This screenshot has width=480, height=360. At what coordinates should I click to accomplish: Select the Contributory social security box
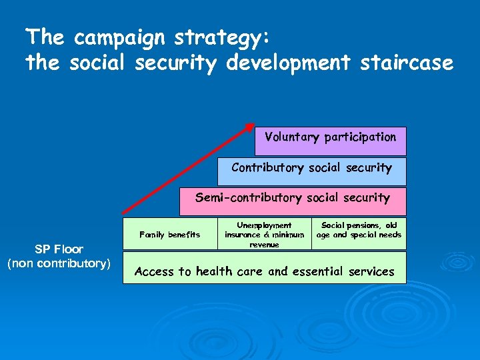311,171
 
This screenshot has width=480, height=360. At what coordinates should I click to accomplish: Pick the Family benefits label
169,234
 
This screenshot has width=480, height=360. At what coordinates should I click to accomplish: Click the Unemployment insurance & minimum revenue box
264,235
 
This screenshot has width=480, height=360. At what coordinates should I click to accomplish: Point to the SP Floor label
59,249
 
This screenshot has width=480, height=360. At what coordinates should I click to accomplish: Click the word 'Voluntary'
292,137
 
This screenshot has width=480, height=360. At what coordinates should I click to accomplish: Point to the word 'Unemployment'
264,226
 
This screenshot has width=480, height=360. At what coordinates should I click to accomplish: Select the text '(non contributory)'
59,264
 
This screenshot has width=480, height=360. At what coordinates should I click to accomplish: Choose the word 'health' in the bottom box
215,271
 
